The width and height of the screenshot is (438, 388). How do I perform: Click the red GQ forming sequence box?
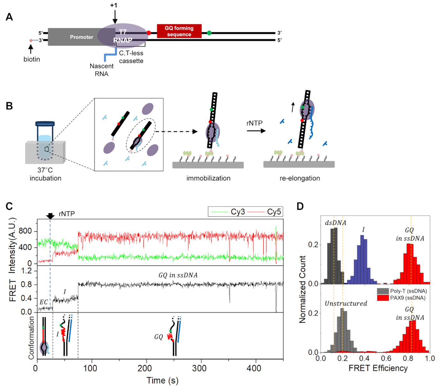click(x=179, y=31)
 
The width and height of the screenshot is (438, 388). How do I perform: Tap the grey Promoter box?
click(x=81, y=37)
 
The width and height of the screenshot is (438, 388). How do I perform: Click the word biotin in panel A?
click(x=32, y=59)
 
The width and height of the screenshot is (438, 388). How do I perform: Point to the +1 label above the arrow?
click(x=114, y=5)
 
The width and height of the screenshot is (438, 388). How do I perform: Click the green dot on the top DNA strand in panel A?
click(x=209, y=33)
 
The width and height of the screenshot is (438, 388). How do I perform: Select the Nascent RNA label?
click(x=102, y=70)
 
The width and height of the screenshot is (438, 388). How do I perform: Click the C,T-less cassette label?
click(x=131, y=57)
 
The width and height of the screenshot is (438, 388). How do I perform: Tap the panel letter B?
click(x=9, y=106)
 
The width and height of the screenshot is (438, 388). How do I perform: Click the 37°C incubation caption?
click(x=45, y=174)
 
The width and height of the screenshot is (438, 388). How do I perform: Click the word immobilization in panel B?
click(x=208, y=178)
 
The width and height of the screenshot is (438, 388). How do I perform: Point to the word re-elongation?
click(x=300, y=178)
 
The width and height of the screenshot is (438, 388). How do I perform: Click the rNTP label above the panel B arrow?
click(x=254, y=123)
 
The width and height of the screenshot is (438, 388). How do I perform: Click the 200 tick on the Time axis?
click(x=144, y=368)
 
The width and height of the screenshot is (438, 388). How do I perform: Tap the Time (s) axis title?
click(x=162, y=380)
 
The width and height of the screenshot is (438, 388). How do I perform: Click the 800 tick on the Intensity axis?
click(x=26, y=231)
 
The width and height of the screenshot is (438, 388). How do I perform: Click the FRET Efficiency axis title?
click(x=378, y=368)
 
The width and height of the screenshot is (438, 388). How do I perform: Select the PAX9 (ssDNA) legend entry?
click(x=408, y=298)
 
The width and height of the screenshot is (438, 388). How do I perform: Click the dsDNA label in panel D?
click(x=335, y=223)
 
